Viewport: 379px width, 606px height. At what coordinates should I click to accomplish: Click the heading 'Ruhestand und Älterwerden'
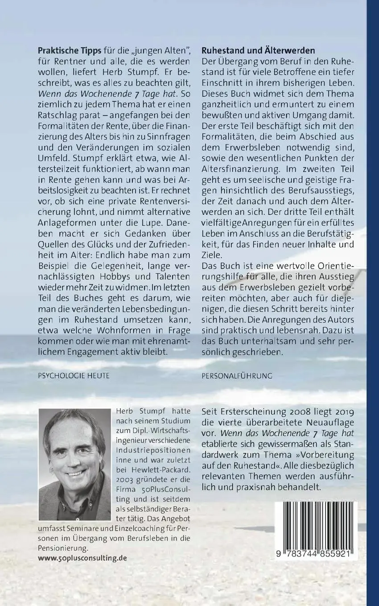(258, 51)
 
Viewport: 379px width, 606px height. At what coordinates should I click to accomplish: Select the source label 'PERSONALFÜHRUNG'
(237, 376)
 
